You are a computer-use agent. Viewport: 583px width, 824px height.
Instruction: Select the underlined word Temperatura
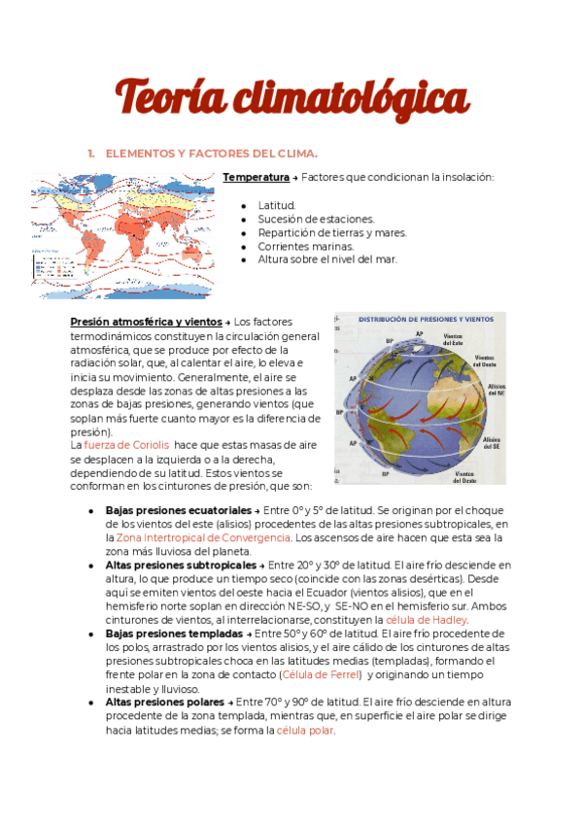tap(257, 177)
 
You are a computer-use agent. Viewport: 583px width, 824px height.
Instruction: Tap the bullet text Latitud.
tap(276, 206)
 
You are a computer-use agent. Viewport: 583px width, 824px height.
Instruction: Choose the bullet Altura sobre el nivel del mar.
tap(327, 259)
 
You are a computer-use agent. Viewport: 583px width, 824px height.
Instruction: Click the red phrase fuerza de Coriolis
tap(120, 444)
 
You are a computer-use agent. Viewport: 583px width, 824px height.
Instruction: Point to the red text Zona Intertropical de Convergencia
tap(203, 537)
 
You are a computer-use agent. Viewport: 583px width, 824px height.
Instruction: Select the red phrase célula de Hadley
tap(427, 619)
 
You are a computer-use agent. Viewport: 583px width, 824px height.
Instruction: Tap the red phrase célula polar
tap(305, 730)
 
